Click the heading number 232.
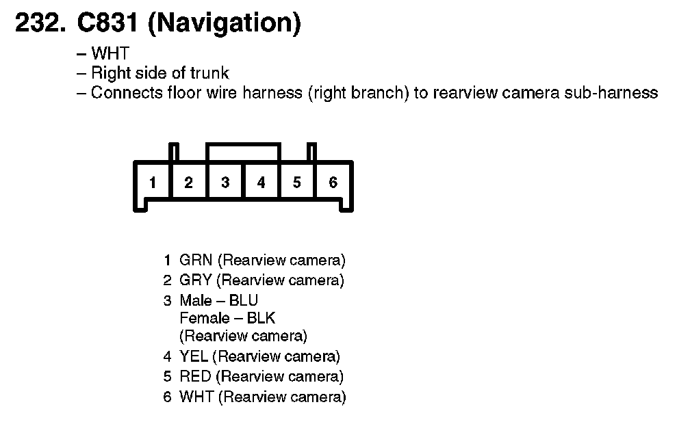pyautogui.click(x=40, y=24)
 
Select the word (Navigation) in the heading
pyautogui.click(x=224, y=25)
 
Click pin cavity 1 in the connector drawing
pyautogui.click(x=153, y=183)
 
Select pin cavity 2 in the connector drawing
pyautogui.click(x=188, y=183)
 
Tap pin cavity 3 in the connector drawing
pyautogui.click(x=225, y=183)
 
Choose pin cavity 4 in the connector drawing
pyautogui.click(x=261, y=183)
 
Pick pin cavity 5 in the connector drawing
pyautogui.click(x=296, y=183)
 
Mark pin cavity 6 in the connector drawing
pyautogui.click(x=333, y=183)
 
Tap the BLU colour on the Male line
pyautogui.click(x=244, y=300)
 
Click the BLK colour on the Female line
pyautogui.click(x=261, y=318)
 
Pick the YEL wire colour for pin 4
pyautogui.click(x=194, y=356)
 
